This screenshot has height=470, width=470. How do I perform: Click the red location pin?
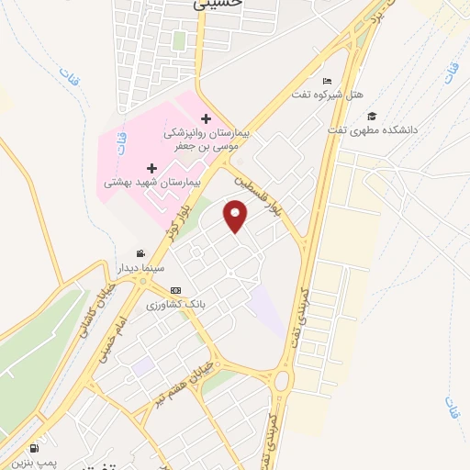[x=236, y=218]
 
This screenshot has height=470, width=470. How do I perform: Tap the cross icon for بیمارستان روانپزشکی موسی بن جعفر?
[x=206, y=118]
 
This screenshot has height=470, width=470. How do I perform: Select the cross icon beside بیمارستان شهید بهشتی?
[x=151, y=168]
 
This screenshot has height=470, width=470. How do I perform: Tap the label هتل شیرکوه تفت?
[x=327, y=95]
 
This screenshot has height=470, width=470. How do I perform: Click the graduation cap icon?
[x=372, y=116]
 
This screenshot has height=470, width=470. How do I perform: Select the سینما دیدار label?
[x=140, y=269]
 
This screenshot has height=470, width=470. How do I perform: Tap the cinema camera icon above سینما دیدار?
[x=140, y=254]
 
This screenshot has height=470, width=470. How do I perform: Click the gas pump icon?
[x=35, y=449]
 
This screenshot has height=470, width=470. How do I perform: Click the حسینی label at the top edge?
[x=218, y=4]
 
